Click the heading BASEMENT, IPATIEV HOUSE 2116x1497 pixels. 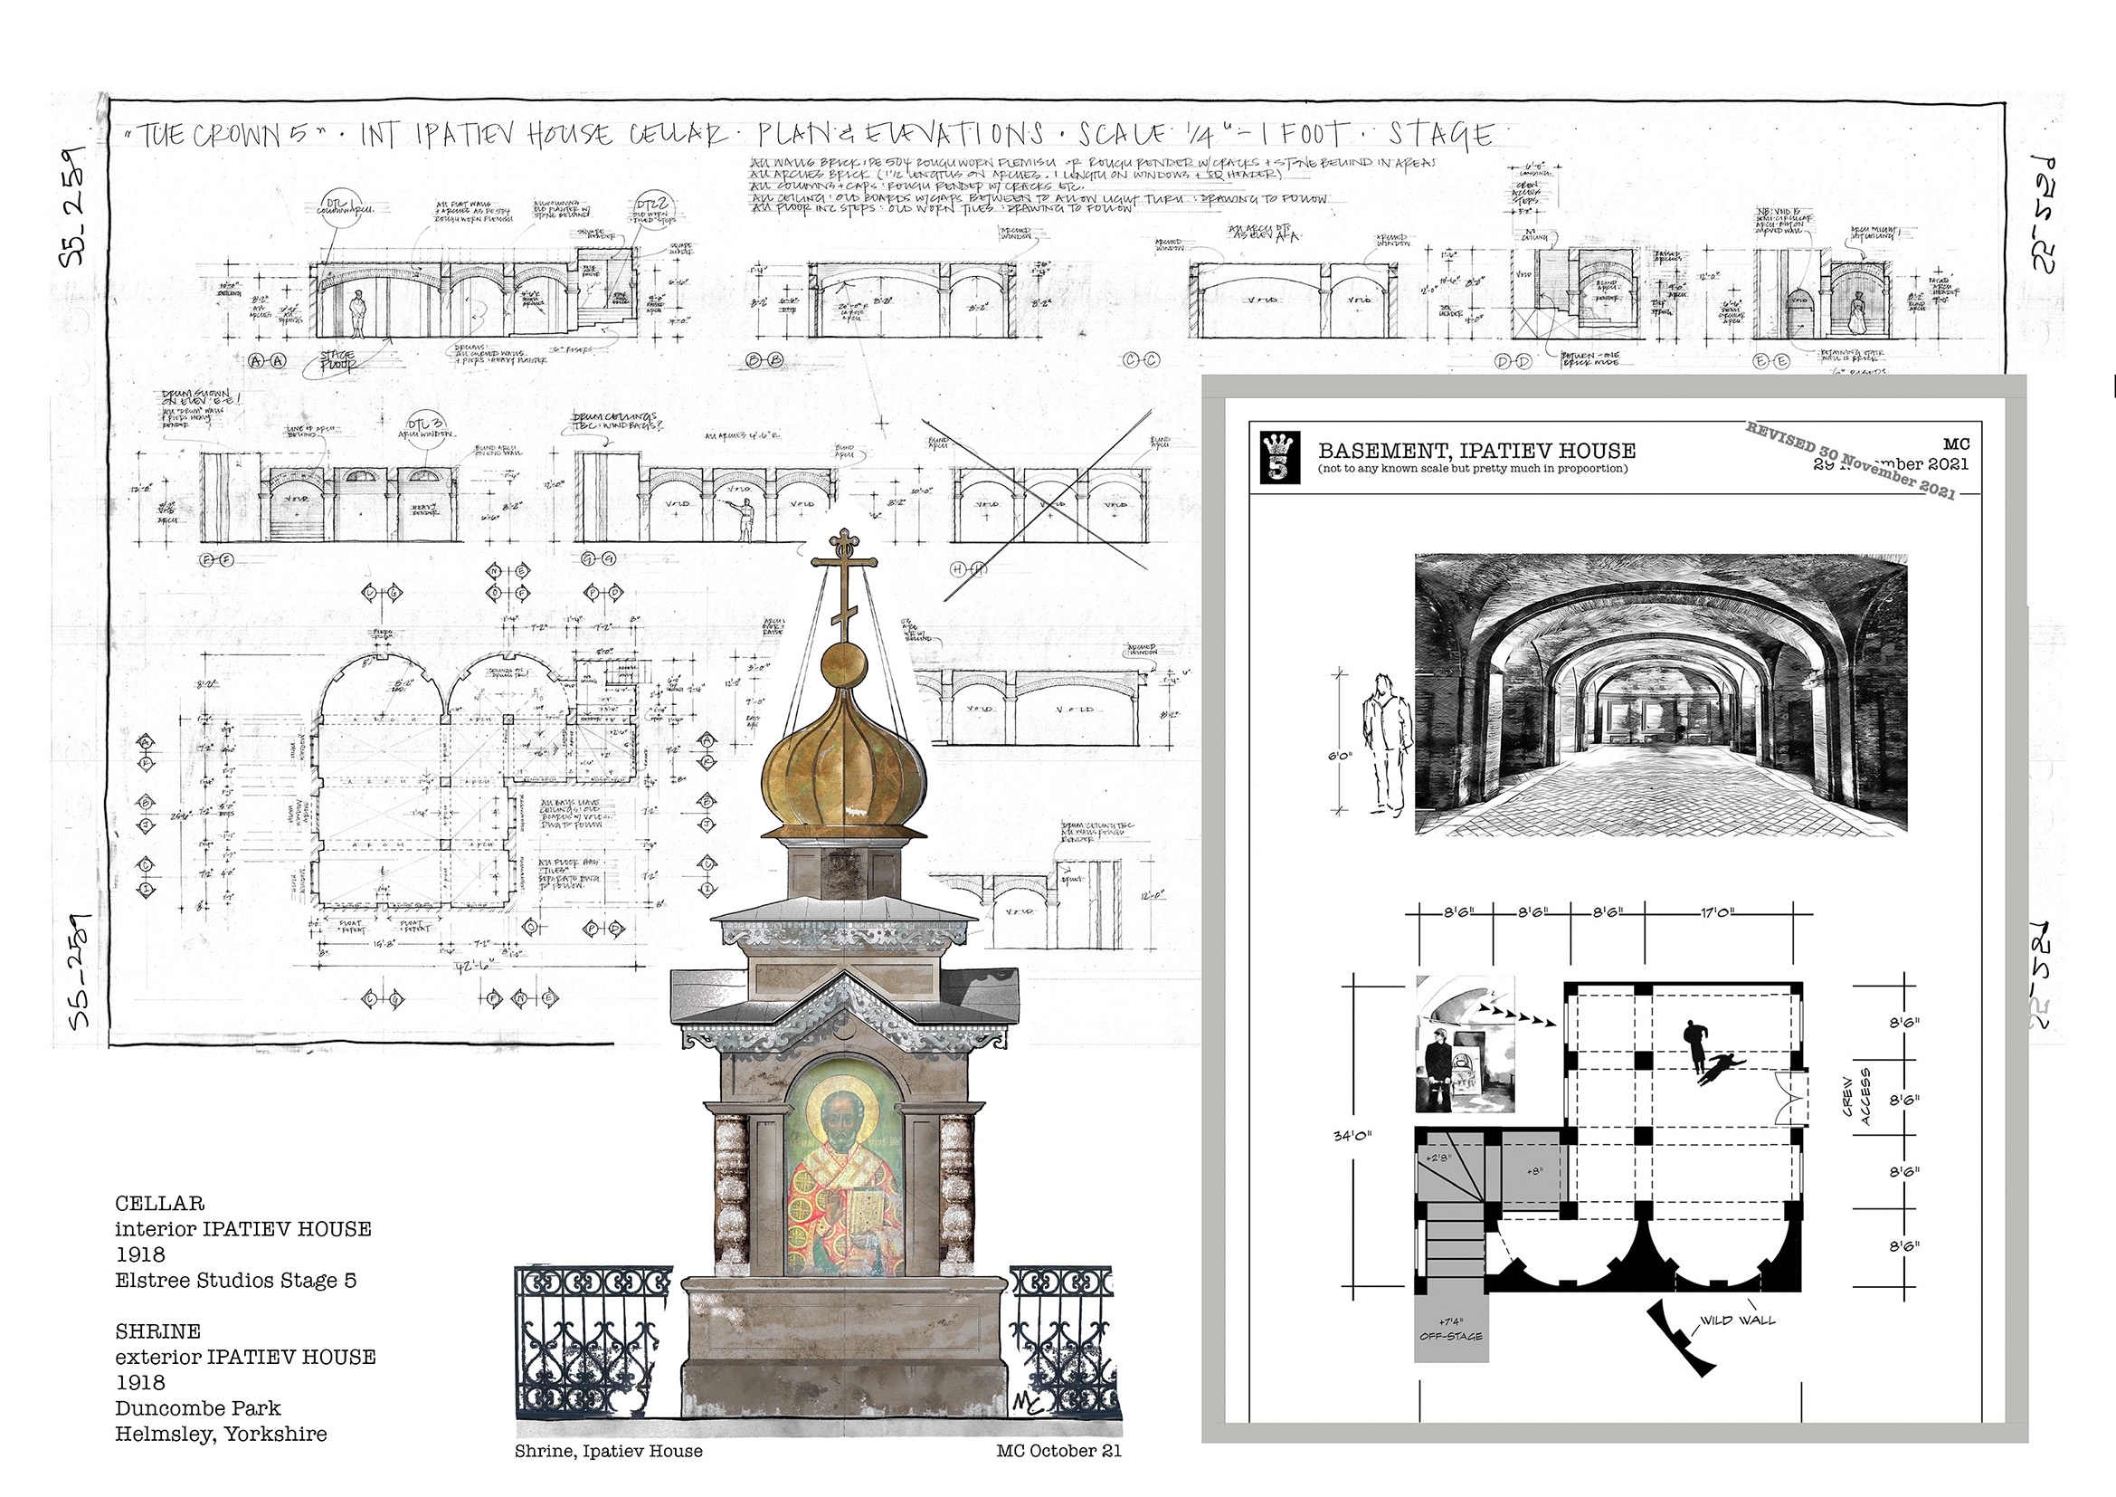(1476, 451)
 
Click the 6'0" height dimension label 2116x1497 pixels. (1339, 757)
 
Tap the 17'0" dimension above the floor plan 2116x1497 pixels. (1715, 912)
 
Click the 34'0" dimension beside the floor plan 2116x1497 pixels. (1352, 1136)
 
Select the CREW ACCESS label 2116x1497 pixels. (1856, 1096)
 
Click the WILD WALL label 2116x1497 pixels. (1737, 1320)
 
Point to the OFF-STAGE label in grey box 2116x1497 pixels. (1450, 1336)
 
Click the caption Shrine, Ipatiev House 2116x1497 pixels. (608, 1451)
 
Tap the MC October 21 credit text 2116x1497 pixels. (1059, 1451)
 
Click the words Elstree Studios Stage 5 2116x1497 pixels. (235, 1281)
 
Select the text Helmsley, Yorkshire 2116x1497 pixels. (221, 1435)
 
